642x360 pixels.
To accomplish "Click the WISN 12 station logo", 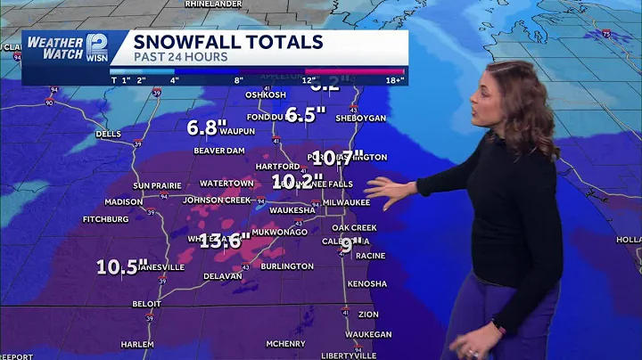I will pos(96,49).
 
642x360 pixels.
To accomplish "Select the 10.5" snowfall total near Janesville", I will pos(122,266).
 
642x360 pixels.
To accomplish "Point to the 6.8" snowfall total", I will pos(202,127).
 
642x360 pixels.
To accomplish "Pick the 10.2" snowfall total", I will pos(297,182).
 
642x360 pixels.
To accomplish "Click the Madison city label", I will pos(123,202).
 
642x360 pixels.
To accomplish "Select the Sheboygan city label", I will pos(358,118).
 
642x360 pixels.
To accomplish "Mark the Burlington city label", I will pos(287,266).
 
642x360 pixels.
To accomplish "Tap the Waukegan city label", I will pos(368,334).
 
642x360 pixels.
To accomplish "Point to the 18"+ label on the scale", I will pos(395,80).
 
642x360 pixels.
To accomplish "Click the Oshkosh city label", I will pos(265,95).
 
